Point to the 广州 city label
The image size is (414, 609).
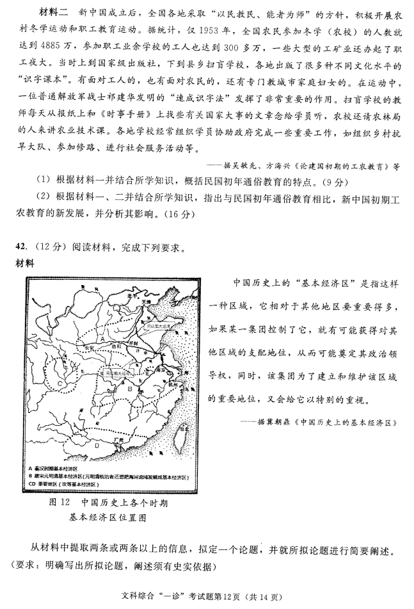pos(115,441)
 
